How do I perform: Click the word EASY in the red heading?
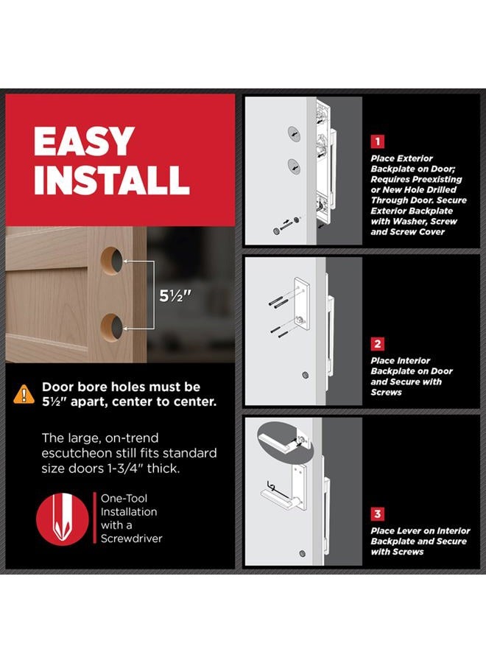[84, 141]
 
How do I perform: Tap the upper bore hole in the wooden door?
[112, 261]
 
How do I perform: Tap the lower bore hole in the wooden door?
[112, 326]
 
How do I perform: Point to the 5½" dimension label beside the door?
[175, 296]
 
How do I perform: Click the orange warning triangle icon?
[24, 394]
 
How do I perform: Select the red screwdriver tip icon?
[62, 519]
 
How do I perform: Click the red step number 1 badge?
[378, 141]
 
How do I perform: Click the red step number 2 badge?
[378, 344]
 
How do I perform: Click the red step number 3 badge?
[378, 514]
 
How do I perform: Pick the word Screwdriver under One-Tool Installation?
[131, 539]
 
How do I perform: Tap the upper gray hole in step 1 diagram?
[295, 133]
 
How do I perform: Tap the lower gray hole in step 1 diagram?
[295, 166]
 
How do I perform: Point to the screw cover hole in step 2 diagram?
[305, 375]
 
